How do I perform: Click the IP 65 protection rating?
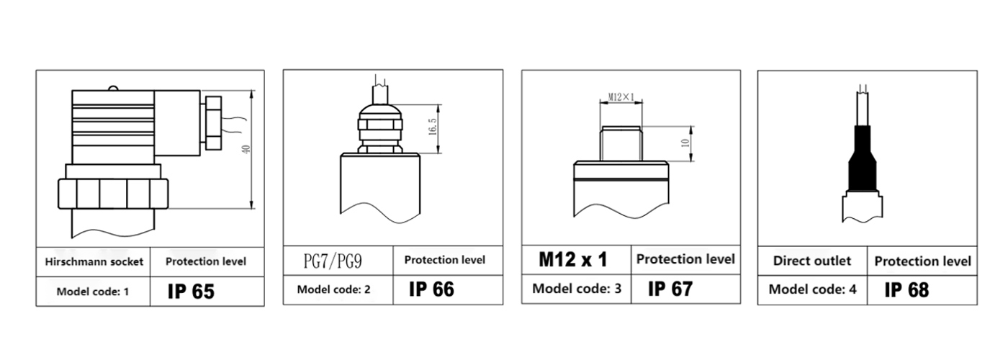click(191, 292)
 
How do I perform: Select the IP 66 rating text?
click(431, 289)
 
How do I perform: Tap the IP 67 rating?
click(670, 289)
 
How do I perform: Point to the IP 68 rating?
click(906, 289)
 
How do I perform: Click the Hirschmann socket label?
click(94, 262)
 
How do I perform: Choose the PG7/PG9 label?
click(333, 261)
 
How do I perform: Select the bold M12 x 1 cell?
click(573, 259)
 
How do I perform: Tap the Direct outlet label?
click(812, 261)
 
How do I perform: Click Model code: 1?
click(93, 292)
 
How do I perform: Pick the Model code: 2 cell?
click(333, 289)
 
